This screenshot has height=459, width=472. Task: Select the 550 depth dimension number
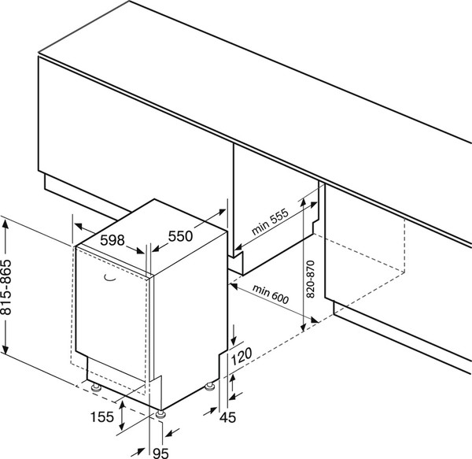coord(181,235)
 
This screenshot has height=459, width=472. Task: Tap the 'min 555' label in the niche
coord(271,224)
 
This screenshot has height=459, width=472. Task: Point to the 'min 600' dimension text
coord(271,298)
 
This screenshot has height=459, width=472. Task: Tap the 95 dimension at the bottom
coord(160,452)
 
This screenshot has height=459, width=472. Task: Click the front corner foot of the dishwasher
coord(160,413)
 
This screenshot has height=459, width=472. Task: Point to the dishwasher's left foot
coord(95,387)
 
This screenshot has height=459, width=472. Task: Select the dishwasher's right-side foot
coord(211,385)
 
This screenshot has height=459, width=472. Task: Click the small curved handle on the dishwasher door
coord(109,276)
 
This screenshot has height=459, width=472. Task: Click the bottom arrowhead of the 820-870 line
coord(302,324)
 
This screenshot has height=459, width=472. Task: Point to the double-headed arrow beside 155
coord(121,416)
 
